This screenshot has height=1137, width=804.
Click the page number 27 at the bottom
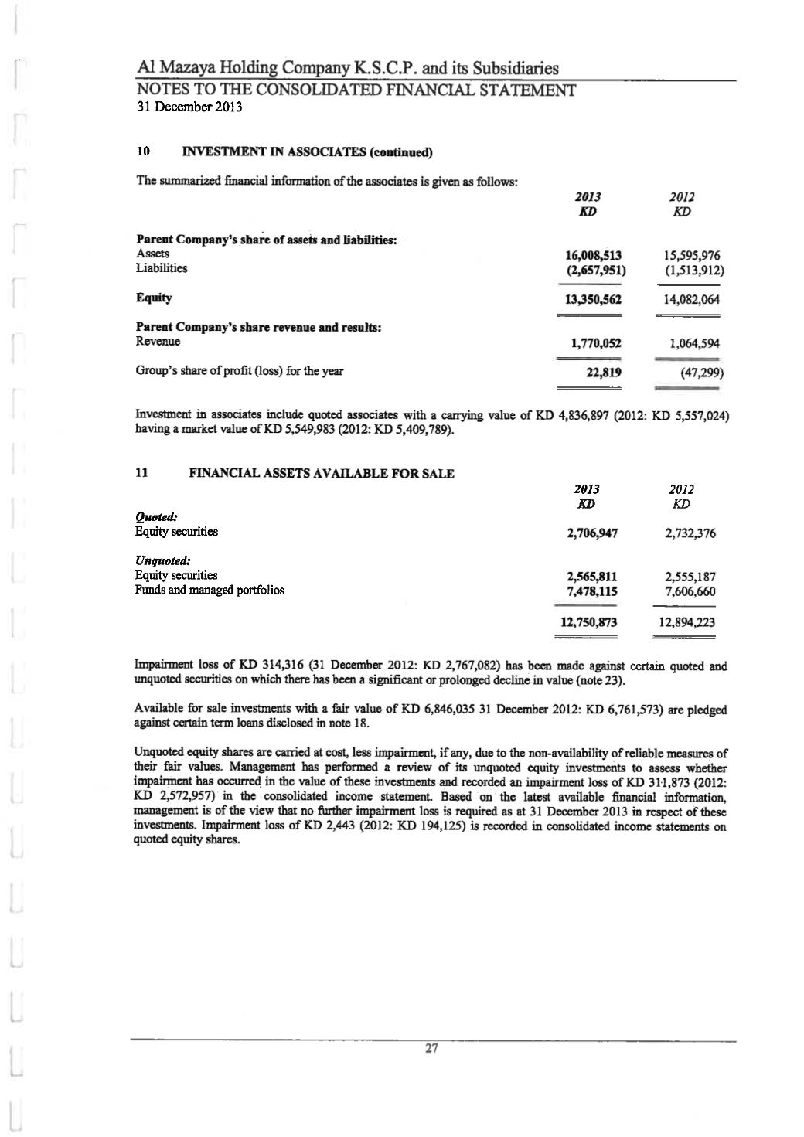[x=431, y=1049]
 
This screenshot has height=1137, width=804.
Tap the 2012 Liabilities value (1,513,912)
[x=693, y=271]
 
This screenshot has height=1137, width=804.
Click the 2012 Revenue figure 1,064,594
[x=693, y=343]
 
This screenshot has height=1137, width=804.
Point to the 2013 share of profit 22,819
[x=605, y=372]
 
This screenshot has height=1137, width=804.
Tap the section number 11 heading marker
[x=142, y=473]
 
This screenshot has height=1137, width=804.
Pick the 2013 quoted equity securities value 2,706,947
[x=592, y=533]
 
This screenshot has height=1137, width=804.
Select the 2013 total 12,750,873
[x=589, y=622]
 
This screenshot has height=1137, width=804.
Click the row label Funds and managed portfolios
[x=210, y=591]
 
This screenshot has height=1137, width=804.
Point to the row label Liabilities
[x=162, y=268]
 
